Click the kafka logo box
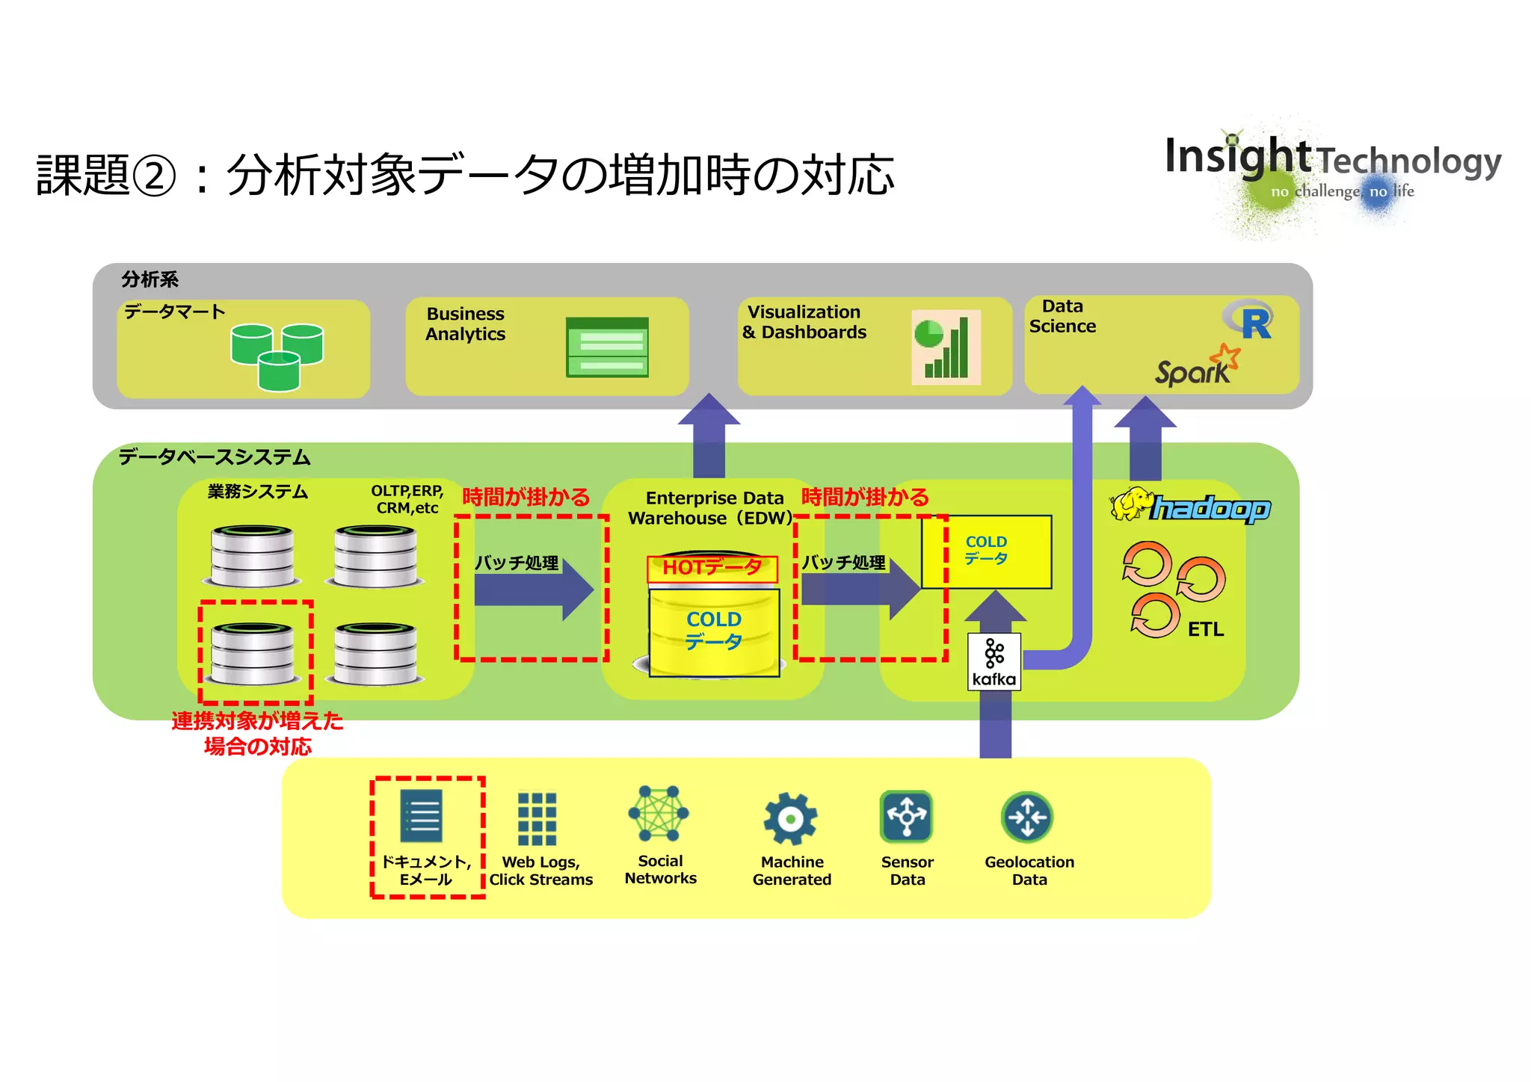(x=994, y=661)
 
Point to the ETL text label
(x=1205, y=629)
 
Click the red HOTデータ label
(x=712, y=568)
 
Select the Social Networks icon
(x=659, y=814)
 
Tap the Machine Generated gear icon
(x=790, y=820)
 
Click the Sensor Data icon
(x=906, y=817)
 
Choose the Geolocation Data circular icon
(x=1027, y=817)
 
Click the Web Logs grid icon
(x=537, y=819)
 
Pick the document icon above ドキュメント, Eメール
(x=422, y=816)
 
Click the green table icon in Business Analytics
(x=607, y=347)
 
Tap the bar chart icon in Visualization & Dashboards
(x=946, y=347)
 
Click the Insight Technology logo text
(x=1332, y=158)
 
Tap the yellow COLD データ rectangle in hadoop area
(x=986, y=551)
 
